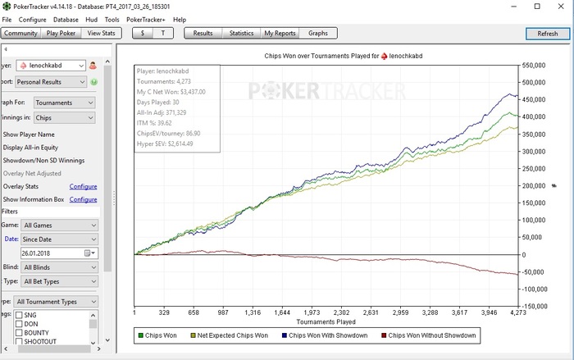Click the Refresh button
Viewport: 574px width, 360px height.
tap(547, 34)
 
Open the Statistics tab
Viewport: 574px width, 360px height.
tap(241, 34)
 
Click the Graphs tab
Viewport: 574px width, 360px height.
tap(317, 34)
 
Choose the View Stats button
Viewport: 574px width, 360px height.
tap(103, 34)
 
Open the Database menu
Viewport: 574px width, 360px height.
tap(66, 19)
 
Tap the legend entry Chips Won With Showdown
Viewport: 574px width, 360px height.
tap(324, 335)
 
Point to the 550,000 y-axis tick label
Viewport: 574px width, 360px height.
tap(534, 65)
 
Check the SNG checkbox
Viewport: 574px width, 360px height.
tap(20, 315)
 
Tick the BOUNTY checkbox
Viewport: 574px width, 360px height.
tap(20, 333)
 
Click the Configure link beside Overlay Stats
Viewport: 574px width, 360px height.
tap(83, 187)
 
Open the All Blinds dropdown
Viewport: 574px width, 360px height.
tap(60, 267)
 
